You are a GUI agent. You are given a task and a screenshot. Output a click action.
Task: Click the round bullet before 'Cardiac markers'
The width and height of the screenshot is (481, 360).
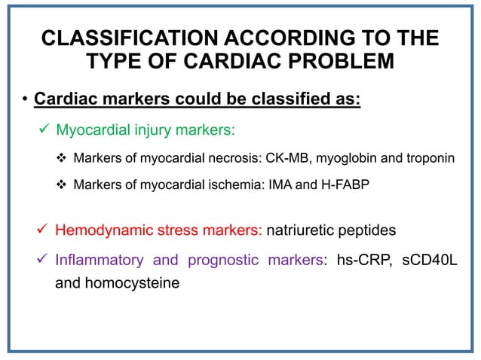25,100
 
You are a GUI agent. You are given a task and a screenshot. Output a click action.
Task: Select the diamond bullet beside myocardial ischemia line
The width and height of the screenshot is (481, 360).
63,184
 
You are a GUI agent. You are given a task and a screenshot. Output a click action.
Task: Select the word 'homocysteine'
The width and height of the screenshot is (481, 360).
126,285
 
